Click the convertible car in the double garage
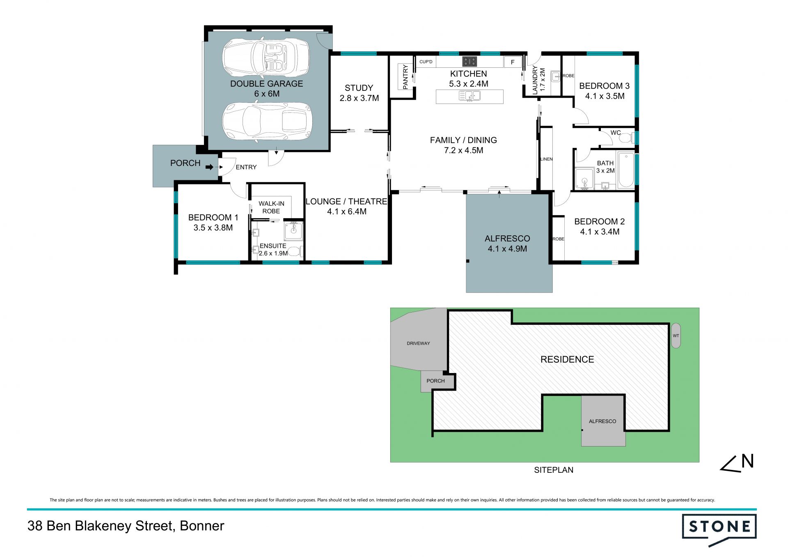click(266, 58)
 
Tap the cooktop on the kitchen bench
click(470, 62)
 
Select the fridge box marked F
click(512, 62)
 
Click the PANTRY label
click(405, 77)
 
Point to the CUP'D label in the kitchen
click(426, 62)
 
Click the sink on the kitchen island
click(470, 96)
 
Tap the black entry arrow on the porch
click(210, 167)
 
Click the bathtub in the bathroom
click(625, 170)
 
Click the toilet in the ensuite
click(294, 251)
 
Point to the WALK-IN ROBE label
click(271, 207)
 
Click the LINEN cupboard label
click(547, 159)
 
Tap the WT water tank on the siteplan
click(676, 336)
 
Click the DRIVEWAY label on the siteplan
click(418, 343)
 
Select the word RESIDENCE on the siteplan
click(567, 359)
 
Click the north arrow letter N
click(748, 461)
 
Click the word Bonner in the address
click(202, 526)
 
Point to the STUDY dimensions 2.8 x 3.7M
click(359, 98)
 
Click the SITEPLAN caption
click(554, 470)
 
